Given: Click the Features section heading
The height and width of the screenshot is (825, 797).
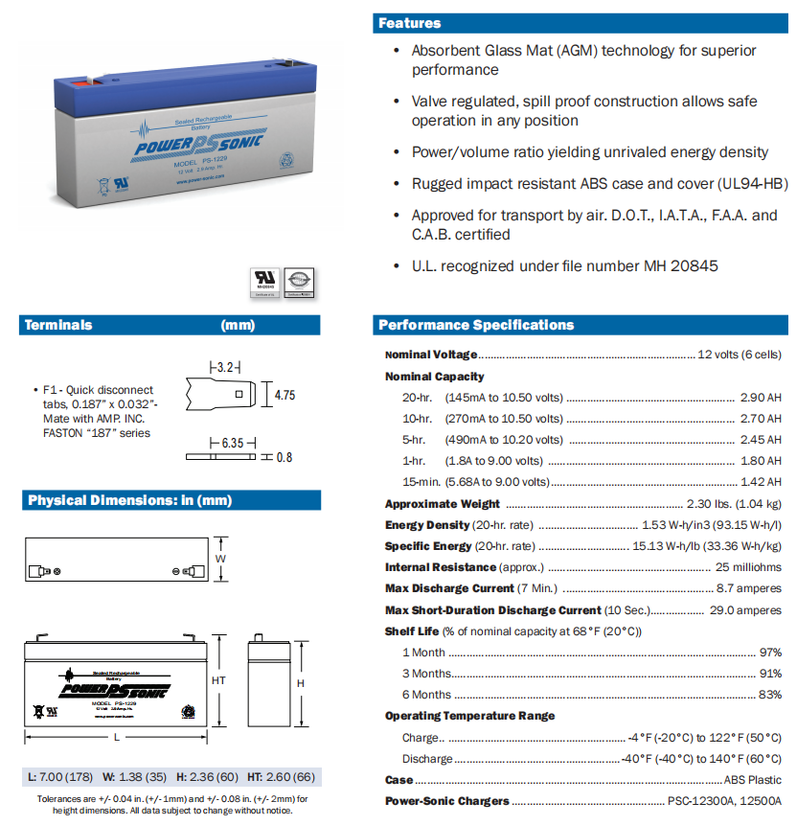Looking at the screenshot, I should coord(410,23).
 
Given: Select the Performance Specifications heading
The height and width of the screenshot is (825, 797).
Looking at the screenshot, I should coord(476,325).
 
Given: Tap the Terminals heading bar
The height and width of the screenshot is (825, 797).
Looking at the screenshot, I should coord(59,325).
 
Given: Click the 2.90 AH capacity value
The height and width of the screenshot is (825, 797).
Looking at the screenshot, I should coord(761,397).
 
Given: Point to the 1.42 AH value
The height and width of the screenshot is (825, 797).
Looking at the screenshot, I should coord(761,482).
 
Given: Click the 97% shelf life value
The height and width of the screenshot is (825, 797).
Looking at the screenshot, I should coord(770,653).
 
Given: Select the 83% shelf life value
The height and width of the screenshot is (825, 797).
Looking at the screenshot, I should coord(770,695).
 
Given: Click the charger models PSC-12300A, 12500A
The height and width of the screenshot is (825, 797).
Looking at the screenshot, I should coord(724,801).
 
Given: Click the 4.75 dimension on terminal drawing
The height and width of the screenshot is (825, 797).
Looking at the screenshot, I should coord(284,394).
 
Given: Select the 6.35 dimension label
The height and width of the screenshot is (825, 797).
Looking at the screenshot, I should coord(231,443).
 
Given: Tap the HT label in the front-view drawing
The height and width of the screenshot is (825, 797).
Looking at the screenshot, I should coord(217,679).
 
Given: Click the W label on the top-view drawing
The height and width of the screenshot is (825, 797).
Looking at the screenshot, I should coord(220,558).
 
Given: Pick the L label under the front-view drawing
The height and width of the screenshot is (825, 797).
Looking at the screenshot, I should coord(116,737).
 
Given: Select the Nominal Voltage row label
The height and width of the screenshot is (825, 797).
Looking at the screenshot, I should coord(430,355).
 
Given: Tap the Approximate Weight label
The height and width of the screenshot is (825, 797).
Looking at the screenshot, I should coord(442,504).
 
